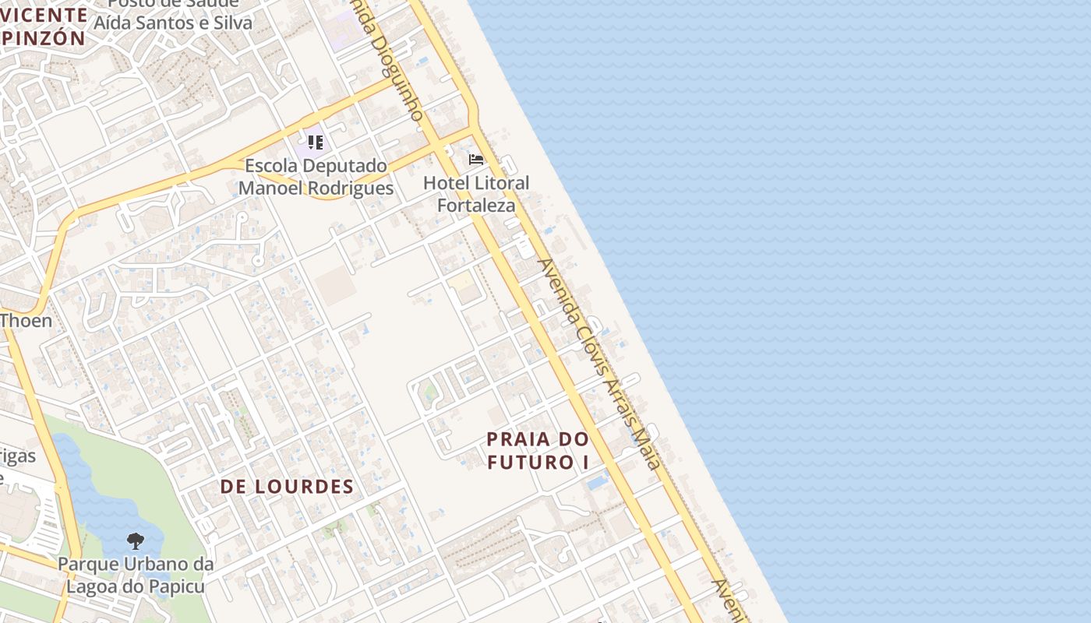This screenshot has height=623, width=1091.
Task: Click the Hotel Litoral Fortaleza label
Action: [475, 194]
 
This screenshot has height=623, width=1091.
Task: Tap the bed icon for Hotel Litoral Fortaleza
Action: [475, 160]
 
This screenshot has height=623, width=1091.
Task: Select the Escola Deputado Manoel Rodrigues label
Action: [316, 177]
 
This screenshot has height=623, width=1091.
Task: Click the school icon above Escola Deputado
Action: [315, 143]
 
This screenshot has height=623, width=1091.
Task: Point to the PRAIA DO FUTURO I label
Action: [538, 450]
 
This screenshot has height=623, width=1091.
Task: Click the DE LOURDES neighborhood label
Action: [287, 487]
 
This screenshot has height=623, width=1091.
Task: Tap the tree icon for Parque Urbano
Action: [136, 540]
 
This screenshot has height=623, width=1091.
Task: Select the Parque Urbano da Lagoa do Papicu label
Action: [136, 574]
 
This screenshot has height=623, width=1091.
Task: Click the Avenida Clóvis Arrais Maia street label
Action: [599, 363]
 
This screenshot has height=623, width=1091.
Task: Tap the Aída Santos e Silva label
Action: [173, 23]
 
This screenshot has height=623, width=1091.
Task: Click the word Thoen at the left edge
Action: [26, 320]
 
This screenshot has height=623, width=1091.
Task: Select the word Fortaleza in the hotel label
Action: [476, 206]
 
